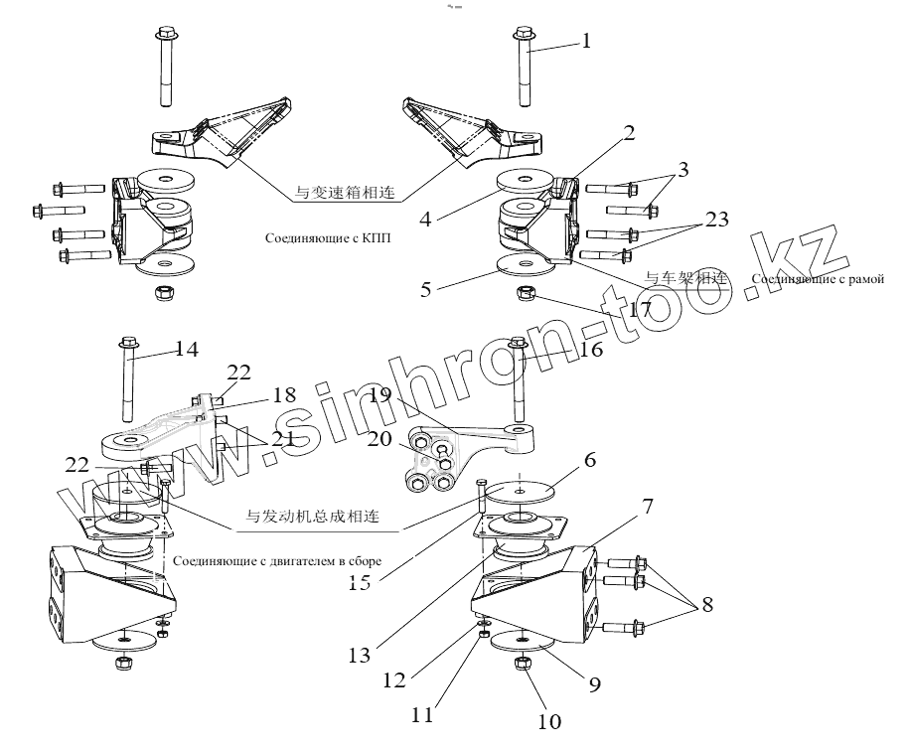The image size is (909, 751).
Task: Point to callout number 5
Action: click(x=426, y=291)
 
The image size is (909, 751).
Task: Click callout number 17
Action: click(x=639, y=310)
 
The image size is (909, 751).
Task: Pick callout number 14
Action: click(x=186, y=349)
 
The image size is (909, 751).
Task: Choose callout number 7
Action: click(x=647, y=507)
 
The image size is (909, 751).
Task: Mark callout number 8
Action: click(x=706, y=605)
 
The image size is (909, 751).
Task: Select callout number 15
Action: click(x=360, y=583)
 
